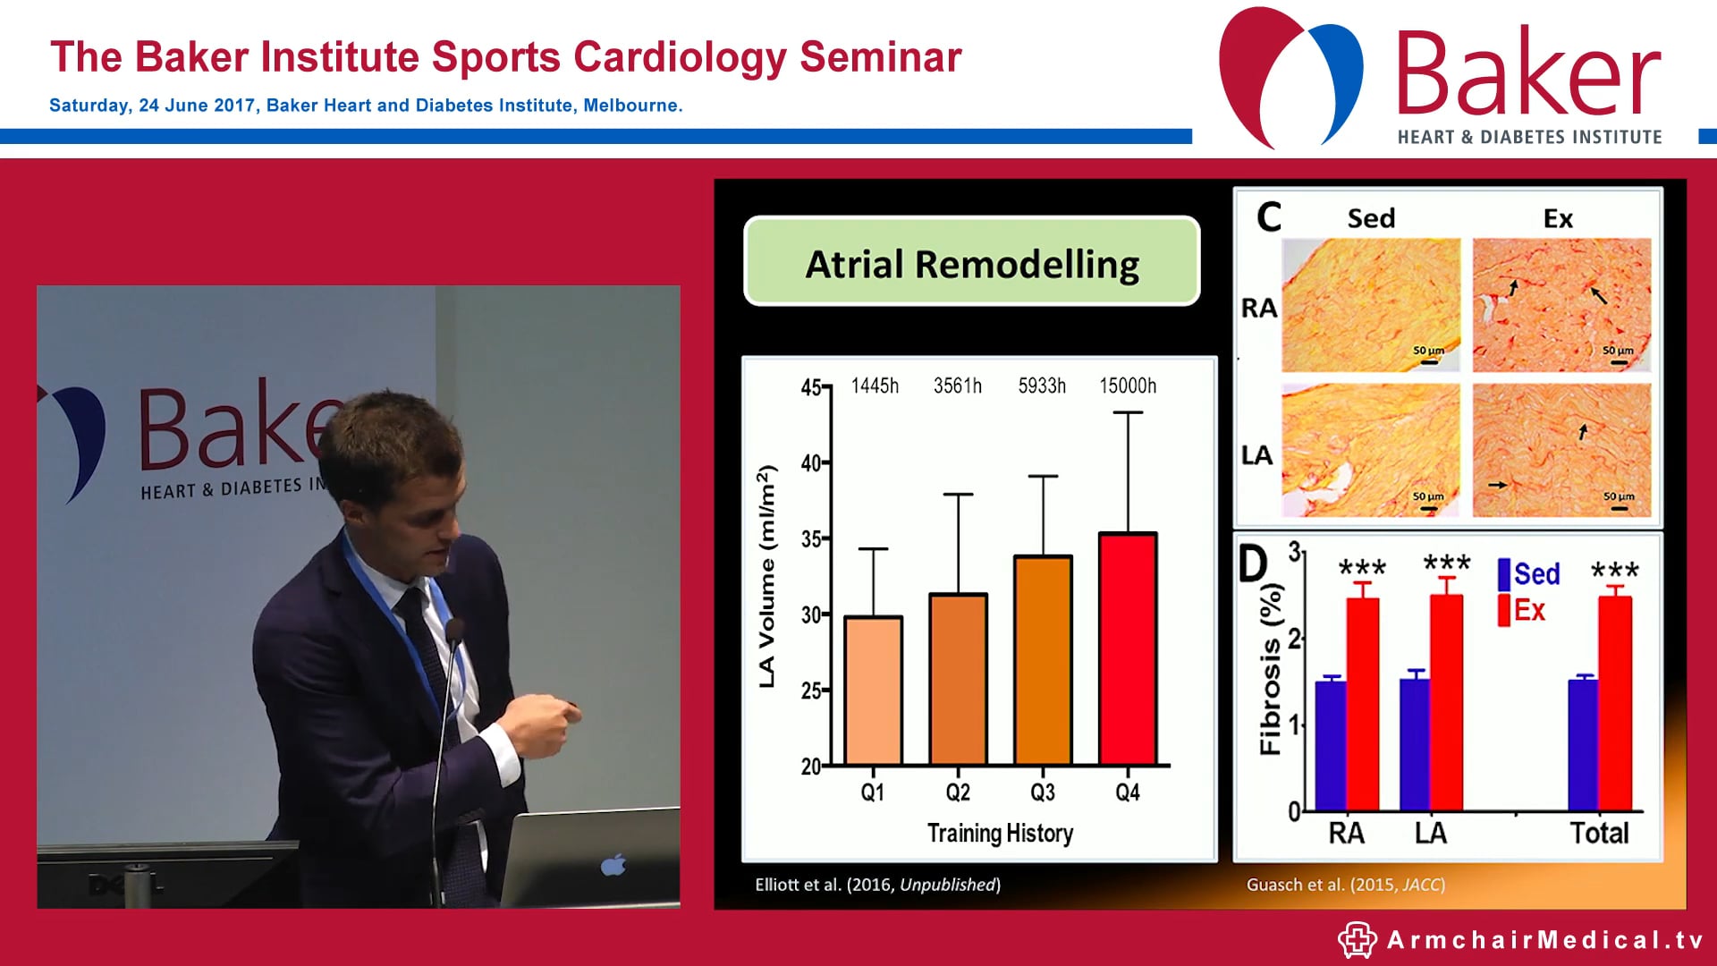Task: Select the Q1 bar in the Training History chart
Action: coord(873,690)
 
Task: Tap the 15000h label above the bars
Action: coord(1127,386)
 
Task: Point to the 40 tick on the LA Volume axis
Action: coord(811,463)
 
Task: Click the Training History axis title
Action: coord(999,833)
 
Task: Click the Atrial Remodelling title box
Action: coord(971,263)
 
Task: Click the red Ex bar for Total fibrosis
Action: coord(1615,703)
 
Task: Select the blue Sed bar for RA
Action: coord(1331,745)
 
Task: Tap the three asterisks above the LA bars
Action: coord(1446,563)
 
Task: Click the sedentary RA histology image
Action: coord(1370,304)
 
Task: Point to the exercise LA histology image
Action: coord(1561,450)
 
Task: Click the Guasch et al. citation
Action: coord(1345,885)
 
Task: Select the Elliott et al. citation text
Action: coord(877,885)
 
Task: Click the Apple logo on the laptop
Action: coord(613,865)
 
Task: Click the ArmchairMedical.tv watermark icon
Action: coord(1357,940)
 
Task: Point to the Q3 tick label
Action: coord(1043,792)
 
